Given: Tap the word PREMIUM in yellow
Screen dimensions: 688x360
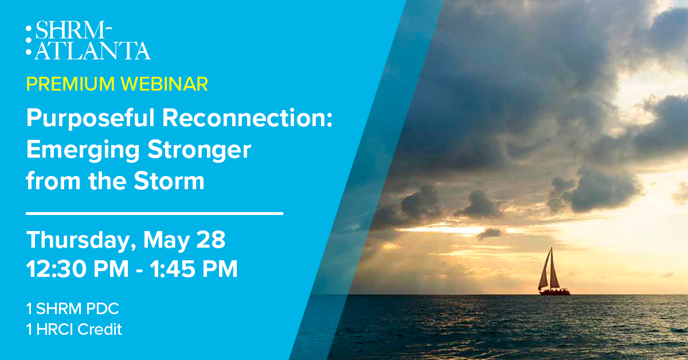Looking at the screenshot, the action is coord(71,84).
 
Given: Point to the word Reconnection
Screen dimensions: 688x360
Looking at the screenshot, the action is coord(248,118).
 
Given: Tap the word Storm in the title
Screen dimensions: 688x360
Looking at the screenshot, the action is coord(169,181).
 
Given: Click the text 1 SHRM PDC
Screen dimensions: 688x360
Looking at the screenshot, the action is coord(72,309).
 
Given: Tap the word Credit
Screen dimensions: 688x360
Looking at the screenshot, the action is coord(100,329).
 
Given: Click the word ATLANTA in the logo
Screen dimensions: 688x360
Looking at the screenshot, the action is coord(92,50).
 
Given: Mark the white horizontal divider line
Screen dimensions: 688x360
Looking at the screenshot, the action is coord(154,213).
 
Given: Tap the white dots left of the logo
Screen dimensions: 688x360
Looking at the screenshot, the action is coord(29,40).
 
